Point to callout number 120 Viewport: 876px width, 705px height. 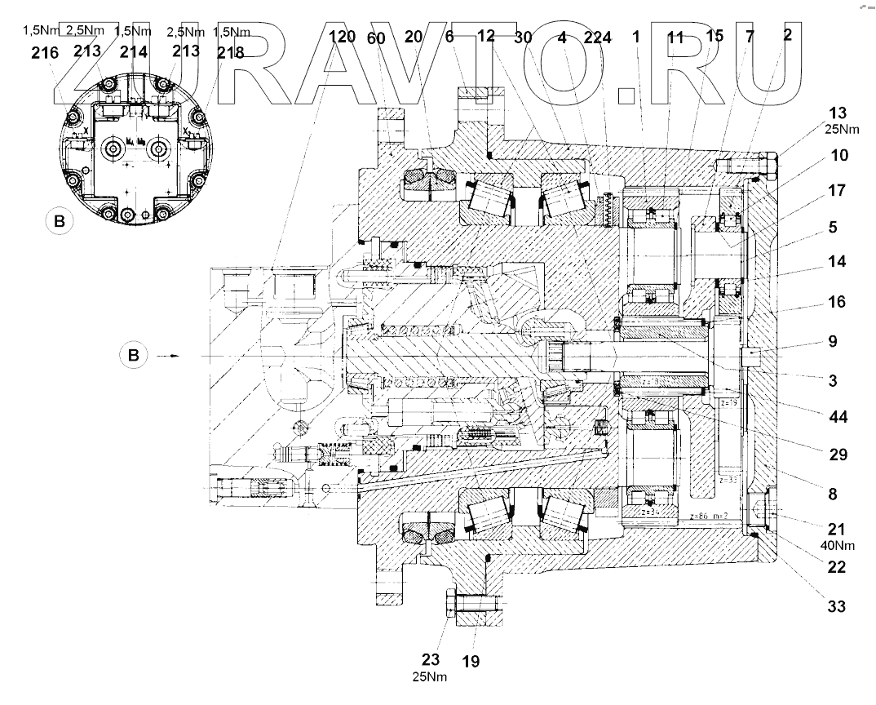(343, 38)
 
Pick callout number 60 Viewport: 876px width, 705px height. (376, 38)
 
